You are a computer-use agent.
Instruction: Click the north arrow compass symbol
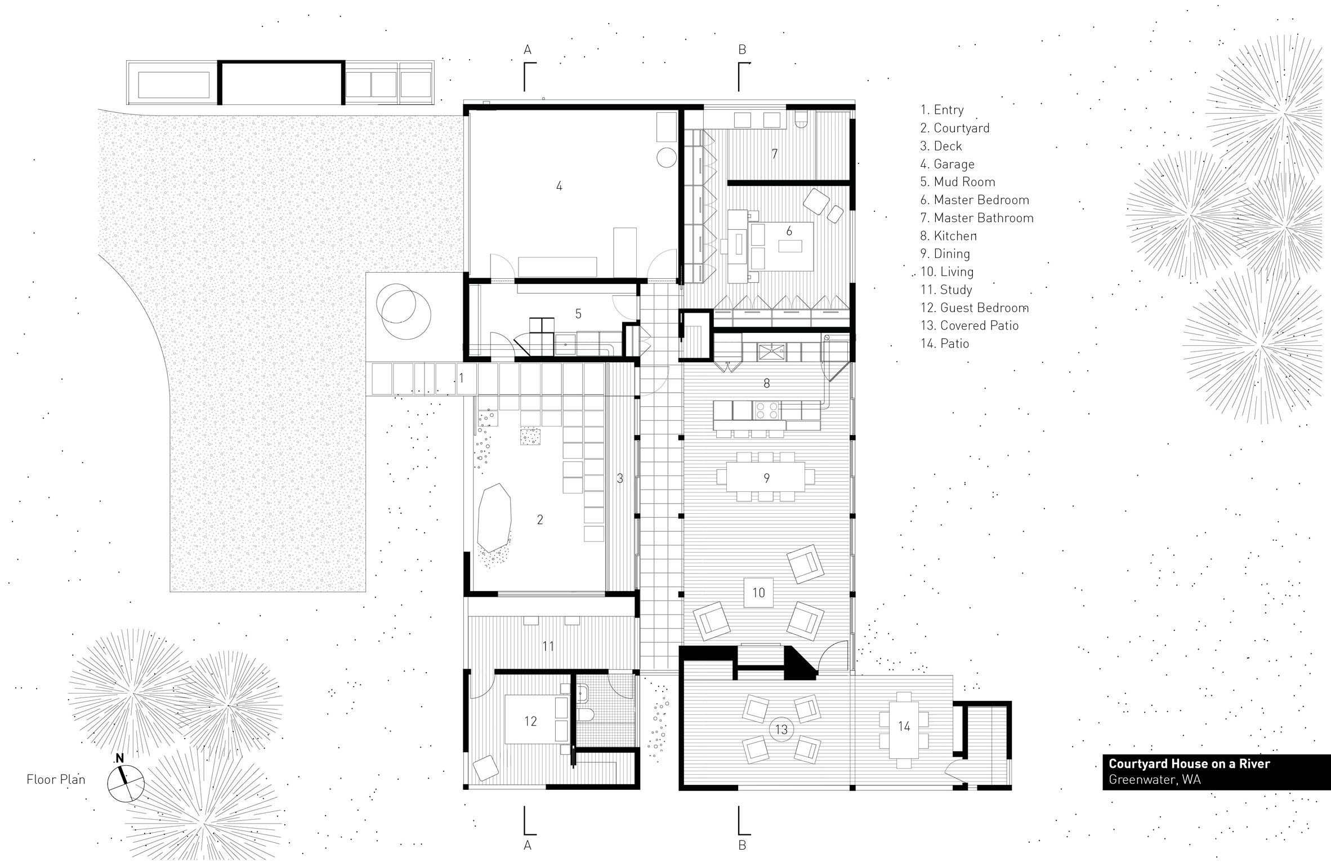click(126, 782)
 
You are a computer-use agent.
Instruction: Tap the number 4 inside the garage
click(559, 186)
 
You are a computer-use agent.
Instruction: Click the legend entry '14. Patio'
click(945, 344)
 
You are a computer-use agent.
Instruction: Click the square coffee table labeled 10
click(758, 592)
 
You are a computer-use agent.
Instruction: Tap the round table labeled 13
click(781, 730)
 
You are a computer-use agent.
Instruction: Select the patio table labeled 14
click(904, 726)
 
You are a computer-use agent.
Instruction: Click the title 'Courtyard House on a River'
click(1189, 764)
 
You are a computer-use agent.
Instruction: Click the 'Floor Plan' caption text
click(56, 780)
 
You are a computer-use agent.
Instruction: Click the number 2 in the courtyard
click(540, 519)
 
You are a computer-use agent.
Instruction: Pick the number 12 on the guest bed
click(530, 721)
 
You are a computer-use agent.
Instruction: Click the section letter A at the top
click(528, 50)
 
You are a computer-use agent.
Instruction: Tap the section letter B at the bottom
click(742, 845)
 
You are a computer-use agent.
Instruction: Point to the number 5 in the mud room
click(578, 314)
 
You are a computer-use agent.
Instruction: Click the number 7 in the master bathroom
click(775, 154)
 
